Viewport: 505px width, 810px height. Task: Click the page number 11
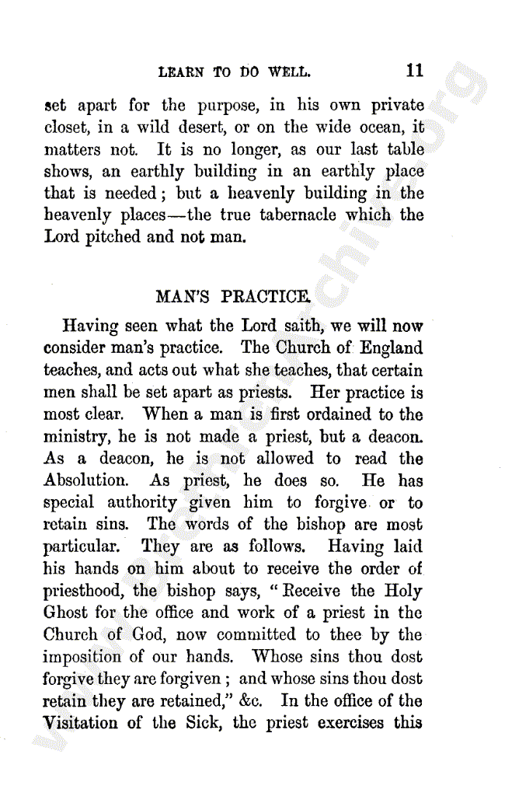(414, 71)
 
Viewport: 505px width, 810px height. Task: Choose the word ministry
(75, 438)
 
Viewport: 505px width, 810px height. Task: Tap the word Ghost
(66, 613)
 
